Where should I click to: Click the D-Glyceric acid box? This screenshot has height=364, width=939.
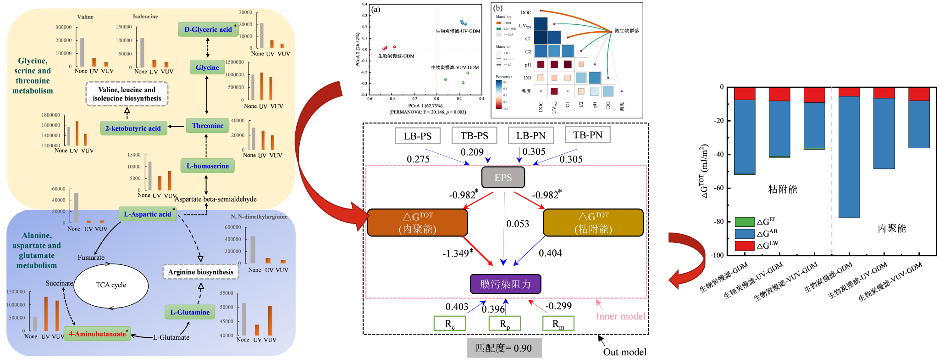click(x=208, y=29)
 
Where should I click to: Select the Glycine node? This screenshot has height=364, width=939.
click(x=207, y=67)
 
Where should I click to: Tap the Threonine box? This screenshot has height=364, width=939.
click(x=208, y=125)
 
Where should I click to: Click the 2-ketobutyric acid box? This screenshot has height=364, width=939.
click(x=133, y=128)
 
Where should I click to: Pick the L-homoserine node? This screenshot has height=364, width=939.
click(x=207, y=166)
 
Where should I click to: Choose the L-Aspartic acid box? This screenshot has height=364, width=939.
click(x=148, y=214)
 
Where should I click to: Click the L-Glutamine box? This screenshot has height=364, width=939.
click(x=190, y=312)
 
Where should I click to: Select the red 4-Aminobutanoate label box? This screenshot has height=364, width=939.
click(x=97, y=334)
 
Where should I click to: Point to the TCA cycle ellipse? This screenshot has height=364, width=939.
click(x=111, y=285)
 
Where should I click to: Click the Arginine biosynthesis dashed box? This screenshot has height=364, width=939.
click(x=201, y=272)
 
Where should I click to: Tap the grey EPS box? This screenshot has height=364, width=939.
click(x=503, y=178)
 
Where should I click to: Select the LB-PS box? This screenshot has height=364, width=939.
click(x=418, y=136)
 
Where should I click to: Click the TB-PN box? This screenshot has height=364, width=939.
click(x=587, y=135)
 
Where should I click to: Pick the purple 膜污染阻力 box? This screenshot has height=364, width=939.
click(x=505, y=284)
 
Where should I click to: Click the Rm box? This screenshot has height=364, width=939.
click(x=558, y=324)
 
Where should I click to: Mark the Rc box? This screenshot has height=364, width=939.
click(x=450, y=324)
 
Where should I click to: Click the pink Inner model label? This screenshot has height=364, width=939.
click(x=620, y=316)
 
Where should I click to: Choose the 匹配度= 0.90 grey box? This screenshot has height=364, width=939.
click(x=504, y=348)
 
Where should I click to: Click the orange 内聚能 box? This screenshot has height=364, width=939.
click(x=417, y=223)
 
